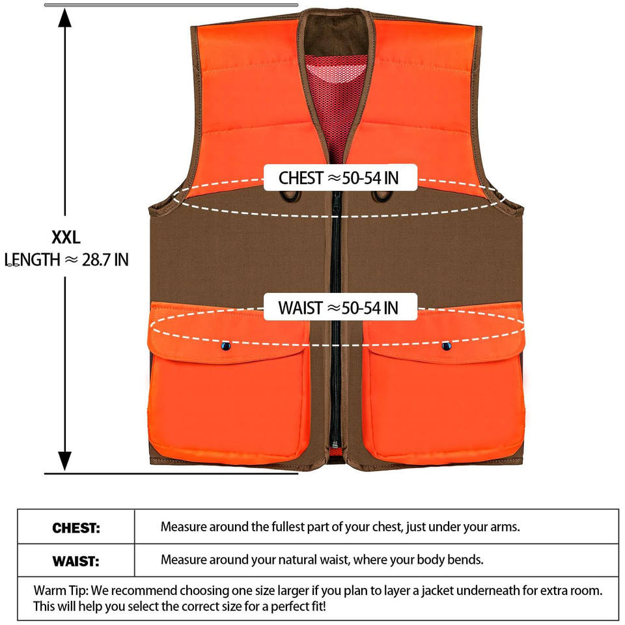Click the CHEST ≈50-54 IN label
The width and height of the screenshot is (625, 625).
(339, 178)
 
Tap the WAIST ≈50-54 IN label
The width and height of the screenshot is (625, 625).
(339, 307)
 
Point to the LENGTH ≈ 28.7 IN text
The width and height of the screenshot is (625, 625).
(66, 260)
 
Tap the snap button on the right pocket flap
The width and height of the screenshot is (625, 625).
(446, 345)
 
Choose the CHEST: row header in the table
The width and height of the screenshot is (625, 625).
(76, 528)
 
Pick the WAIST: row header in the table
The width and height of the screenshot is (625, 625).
(76, 560)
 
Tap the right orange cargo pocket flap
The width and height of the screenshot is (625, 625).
(443, 335)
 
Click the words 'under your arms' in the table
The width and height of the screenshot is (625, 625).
(479, 527)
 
